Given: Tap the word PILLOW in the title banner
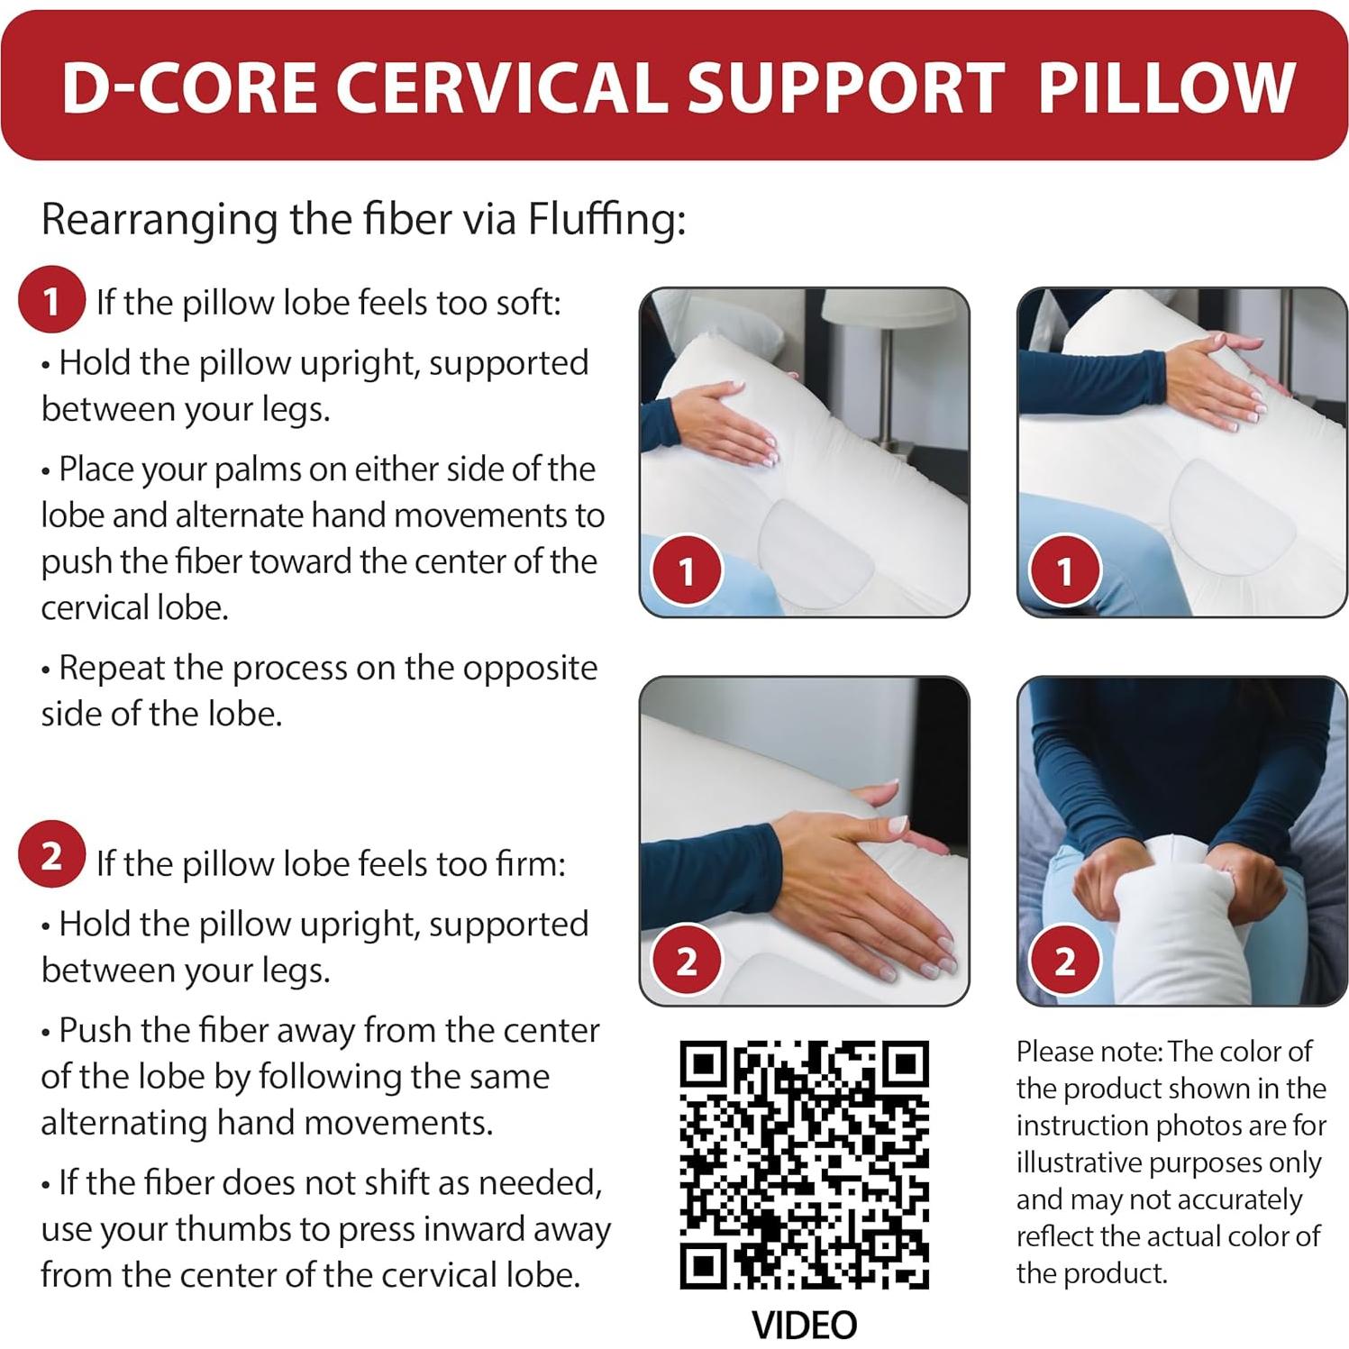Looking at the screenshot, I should (1165, 87).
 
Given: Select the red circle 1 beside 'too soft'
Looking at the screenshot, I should (51, 300).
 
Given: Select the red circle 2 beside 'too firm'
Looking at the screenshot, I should (51, 854).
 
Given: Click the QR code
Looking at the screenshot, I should (804, 1164).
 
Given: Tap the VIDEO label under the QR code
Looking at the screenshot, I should (804, 1325).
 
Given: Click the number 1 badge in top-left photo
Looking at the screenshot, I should (687, 570).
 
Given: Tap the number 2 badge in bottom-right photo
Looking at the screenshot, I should (1064, 961).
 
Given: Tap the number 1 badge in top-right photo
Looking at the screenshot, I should (1064, 570).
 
